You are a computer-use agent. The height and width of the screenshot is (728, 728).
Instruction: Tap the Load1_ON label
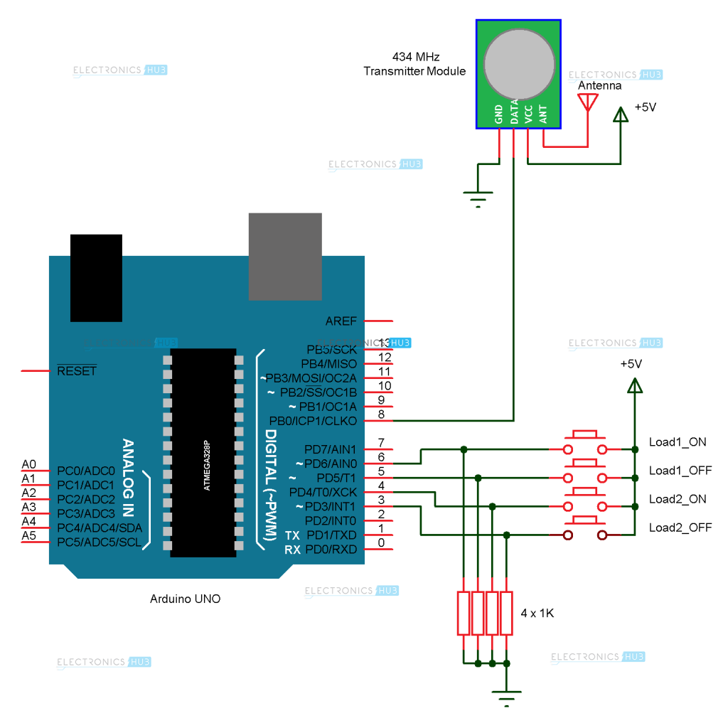[677, 441]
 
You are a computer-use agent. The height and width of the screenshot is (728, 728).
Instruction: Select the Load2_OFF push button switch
[585, 532]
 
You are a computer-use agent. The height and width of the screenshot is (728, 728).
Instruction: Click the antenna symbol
[587, 102]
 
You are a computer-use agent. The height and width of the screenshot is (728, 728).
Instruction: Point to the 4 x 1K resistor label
[537, 613]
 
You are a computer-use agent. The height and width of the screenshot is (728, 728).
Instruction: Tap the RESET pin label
[76, 371]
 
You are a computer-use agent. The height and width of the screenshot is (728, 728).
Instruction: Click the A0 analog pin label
[29, 464]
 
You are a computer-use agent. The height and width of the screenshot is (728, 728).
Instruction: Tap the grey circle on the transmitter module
[519, 64]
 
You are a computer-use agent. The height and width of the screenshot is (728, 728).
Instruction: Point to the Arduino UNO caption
[185, 599]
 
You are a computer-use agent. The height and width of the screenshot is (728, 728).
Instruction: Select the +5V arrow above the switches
[634, 385]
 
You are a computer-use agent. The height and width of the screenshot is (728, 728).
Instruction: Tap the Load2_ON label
[677, 498]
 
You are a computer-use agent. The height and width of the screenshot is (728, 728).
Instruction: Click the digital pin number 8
[381, 414]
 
